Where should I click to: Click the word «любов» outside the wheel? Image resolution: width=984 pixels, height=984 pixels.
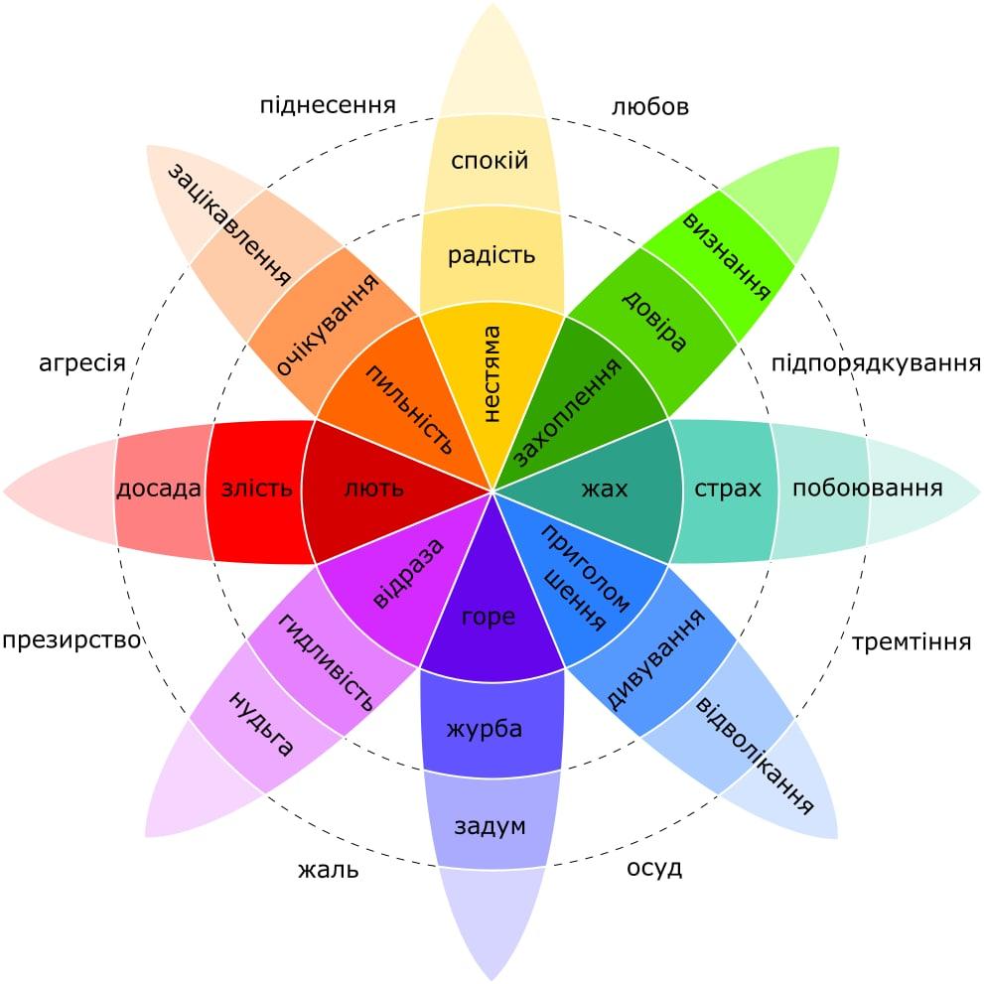pos(650,106)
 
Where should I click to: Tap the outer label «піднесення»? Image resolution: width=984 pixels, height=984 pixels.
pos(328,104)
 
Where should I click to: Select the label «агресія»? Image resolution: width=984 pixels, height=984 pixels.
pos(82,362)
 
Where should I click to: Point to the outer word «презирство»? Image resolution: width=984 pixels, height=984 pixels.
pos(71,640)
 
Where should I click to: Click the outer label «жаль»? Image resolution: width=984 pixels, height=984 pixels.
pos(328,872)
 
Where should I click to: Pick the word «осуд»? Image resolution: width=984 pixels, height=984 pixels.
pos(654,868)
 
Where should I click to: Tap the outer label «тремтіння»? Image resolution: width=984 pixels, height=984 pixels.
pos(912,642)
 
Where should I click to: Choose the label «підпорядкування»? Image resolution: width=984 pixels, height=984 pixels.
pos(876,362)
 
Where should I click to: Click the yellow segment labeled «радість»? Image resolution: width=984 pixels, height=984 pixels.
pos(492,255)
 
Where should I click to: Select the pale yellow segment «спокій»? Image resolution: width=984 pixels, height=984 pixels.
pos(490,161)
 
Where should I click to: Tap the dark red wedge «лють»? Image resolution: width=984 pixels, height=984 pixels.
pos(373,489)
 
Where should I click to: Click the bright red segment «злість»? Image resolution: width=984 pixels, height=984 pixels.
pos(257,489)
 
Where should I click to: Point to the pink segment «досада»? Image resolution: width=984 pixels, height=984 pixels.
pos(159,489)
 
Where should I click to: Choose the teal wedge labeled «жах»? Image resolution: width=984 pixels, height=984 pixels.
pos(605,489)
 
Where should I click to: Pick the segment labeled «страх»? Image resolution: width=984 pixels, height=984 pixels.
pos(727,489)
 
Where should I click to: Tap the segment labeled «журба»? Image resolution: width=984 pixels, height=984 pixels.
pos(486,729)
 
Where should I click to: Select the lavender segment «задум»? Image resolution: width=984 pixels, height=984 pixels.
pos(490,826)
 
